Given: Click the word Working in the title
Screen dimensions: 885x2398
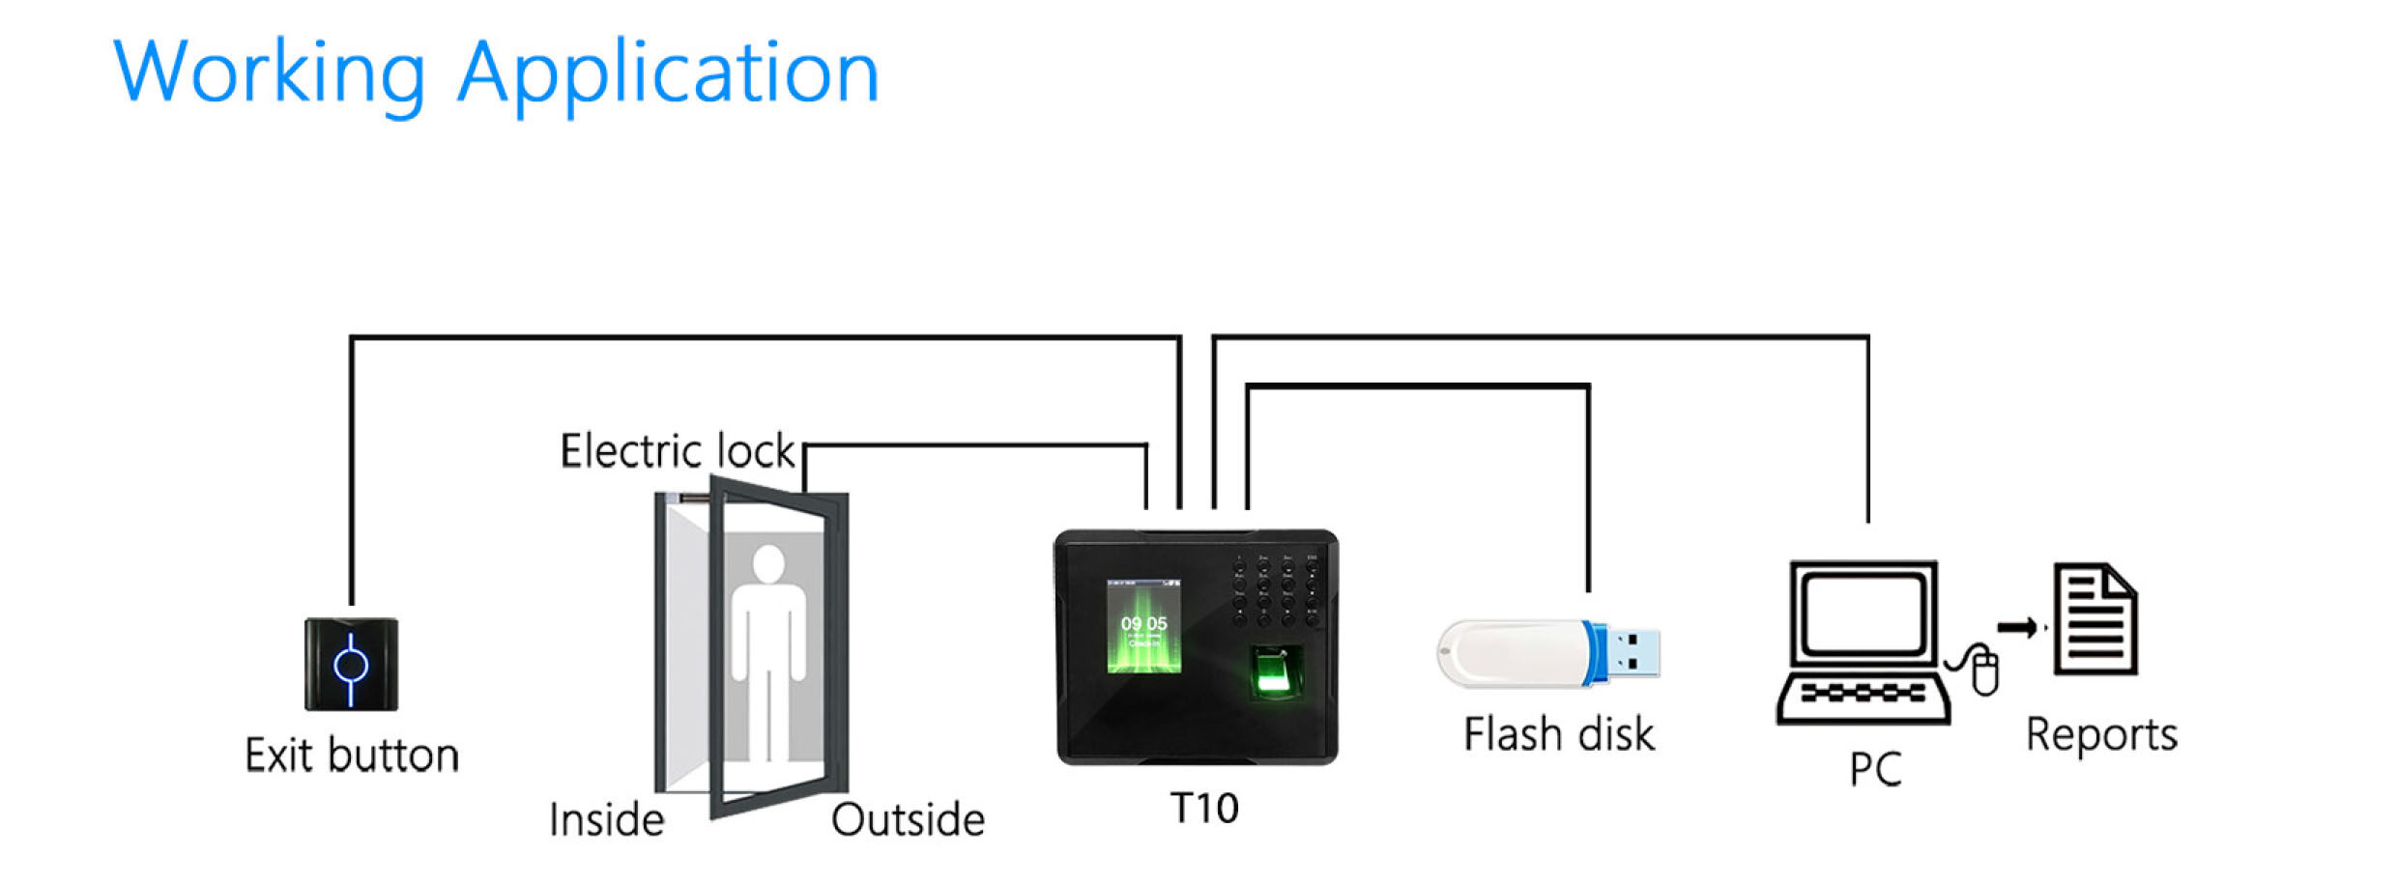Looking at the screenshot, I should [270, 73].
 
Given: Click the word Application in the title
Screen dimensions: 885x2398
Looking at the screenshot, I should [668, 73].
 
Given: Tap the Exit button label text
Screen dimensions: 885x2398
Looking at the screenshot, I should [352, 756].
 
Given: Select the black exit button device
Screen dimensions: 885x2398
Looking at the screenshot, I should [351, 665].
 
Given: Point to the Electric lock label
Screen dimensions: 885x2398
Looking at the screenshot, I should [678, 451].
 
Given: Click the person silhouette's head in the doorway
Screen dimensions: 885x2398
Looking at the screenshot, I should [769, 563].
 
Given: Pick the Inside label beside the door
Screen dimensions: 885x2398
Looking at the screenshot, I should [607, 820].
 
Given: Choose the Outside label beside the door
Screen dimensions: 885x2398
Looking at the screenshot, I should [908, 820].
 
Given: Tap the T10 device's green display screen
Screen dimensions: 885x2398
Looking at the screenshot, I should [1143, 626].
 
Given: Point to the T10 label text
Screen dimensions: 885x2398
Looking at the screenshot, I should [1203, 808].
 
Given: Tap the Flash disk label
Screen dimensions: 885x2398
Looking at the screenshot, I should [1558, 734].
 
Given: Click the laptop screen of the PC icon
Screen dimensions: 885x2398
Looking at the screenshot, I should [1863, 613].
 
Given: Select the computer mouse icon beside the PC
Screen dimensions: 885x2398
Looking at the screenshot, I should [1984, 672].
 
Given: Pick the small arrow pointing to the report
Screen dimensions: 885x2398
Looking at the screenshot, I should [2017, 628].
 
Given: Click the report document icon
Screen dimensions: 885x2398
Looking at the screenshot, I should [2095, 619].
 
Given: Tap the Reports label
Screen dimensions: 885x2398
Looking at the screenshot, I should [2101, 735].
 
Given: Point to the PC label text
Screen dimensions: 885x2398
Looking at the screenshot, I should [1875, 770].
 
